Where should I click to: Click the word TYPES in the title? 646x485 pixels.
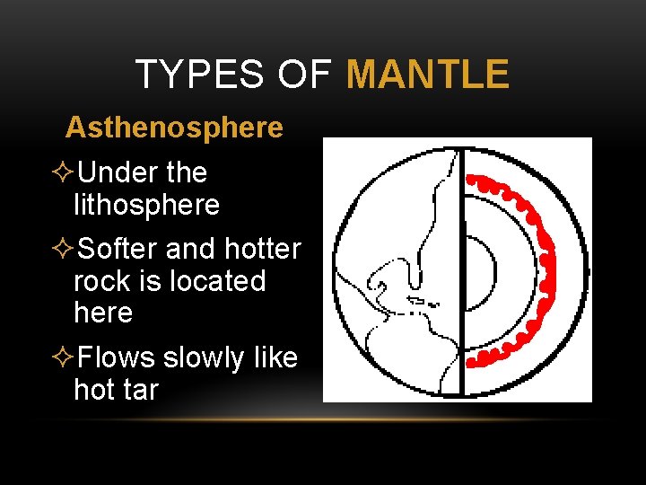(x=198, y=75)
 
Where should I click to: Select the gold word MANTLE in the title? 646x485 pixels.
(x=428, y=75)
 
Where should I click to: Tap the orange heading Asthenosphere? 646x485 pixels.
(x=174, y=128)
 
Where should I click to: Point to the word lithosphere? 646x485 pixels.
(x=146, y=205)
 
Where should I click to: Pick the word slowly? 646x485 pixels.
(x=207, y=357)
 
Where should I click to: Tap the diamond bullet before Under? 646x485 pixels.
(x=64, y=172)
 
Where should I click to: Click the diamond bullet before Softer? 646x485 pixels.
(x=64, y=248)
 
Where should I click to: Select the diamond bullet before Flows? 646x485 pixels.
(x=64, y=357)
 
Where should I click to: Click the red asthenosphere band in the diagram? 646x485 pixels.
(x=539, y=269)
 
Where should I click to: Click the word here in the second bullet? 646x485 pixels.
(x=102, y=313)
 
